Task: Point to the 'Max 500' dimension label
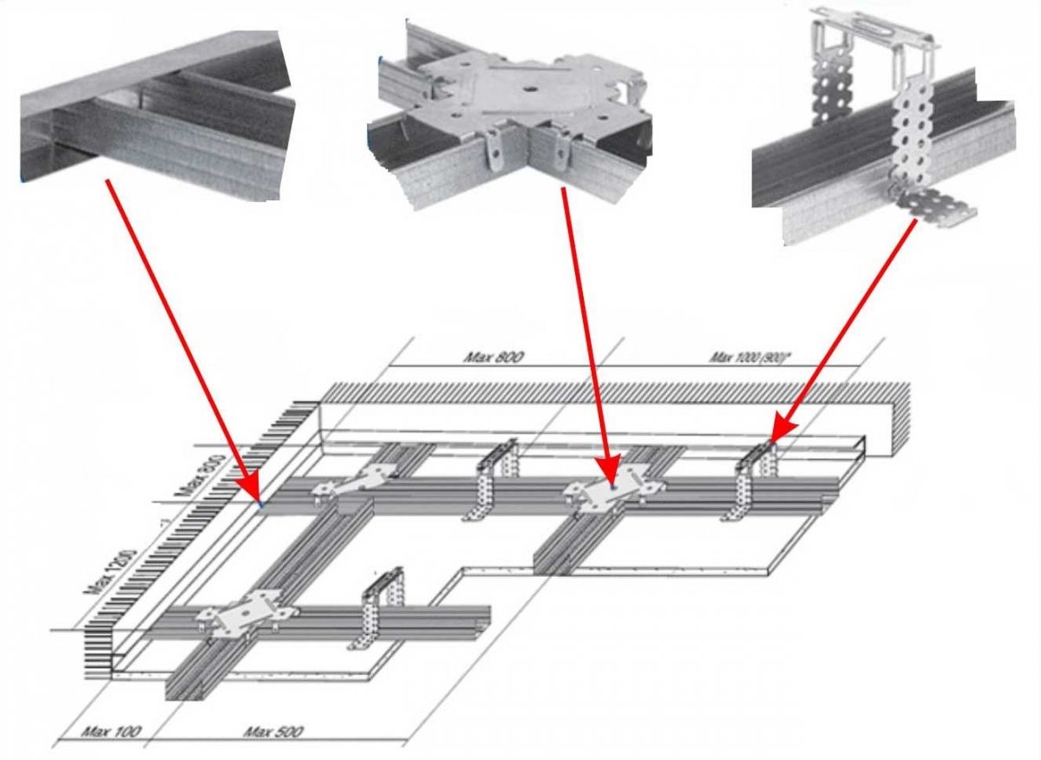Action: (273, 732)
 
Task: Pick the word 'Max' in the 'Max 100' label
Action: (95, 732)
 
